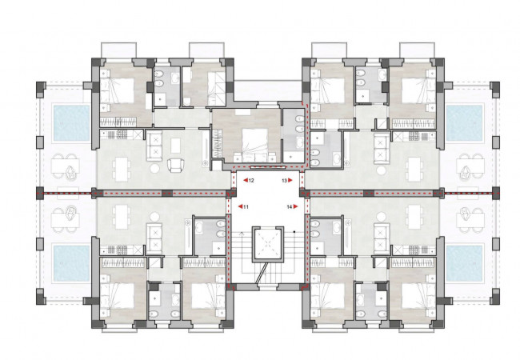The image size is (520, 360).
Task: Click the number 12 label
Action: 251,181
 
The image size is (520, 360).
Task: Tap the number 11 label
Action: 246,207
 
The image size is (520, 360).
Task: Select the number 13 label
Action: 284,181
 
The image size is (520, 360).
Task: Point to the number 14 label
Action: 290,207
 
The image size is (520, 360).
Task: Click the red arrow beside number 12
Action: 246,181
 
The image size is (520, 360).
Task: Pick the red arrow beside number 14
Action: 295,207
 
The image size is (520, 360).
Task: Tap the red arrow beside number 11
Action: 241,207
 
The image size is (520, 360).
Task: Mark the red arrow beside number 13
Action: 290,181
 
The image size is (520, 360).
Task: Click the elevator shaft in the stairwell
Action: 268,244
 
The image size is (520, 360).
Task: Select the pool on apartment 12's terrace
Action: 72,123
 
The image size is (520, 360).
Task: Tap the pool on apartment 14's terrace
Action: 464,263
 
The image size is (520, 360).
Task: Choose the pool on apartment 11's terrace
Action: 72,263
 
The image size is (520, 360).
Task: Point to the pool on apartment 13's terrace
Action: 464,123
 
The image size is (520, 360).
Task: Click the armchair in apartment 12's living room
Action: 176,166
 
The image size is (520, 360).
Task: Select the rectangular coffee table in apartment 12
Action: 175,146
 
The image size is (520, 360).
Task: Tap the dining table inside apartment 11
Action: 121,217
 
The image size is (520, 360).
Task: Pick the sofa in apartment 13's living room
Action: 382,149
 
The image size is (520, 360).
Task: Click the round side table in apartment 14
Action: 382,217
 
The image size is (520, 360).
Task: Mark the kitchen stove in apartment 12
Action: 119,135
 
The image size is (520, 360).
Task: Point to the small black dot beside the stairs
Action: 294,231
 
